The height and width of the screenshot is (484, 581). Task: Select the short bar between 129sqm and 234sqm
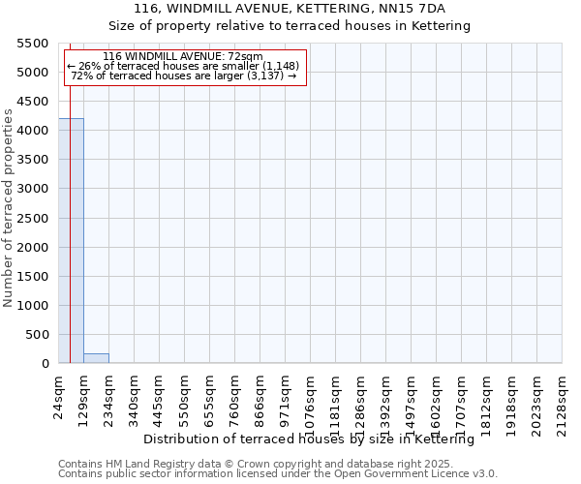(x=96, y=358)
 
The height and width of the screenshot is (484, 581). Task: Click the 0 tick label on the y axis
(x=45, y=364)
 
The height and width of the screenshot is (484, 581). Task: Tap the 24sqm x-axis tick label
(x=59, y=395)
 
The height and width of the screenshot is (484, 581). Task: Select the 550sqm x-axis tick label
(x=185, y=395)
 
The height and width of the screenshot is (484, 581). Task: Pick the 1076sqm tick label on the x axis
(x=311, y=398)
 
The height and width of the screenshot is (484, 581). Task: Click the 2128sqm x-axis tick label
(x=563, y=398)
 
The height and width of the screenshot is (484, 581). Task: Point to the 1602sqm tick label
(x=437, y=398)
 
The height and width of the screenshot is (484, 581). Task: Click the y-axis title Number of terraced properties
(x=9, y=207)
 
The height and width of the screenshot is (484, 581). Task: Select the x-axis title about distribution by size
(x=315, y=439)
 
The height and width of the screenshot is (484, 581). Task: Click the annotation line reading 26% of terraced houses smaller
(x=183, y=66)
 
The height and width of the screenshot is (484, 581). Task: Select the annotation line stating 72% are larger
(x=183, y=76)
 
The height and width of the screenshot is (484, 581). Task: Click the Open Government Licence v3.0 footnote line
(x=278, y=474)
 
